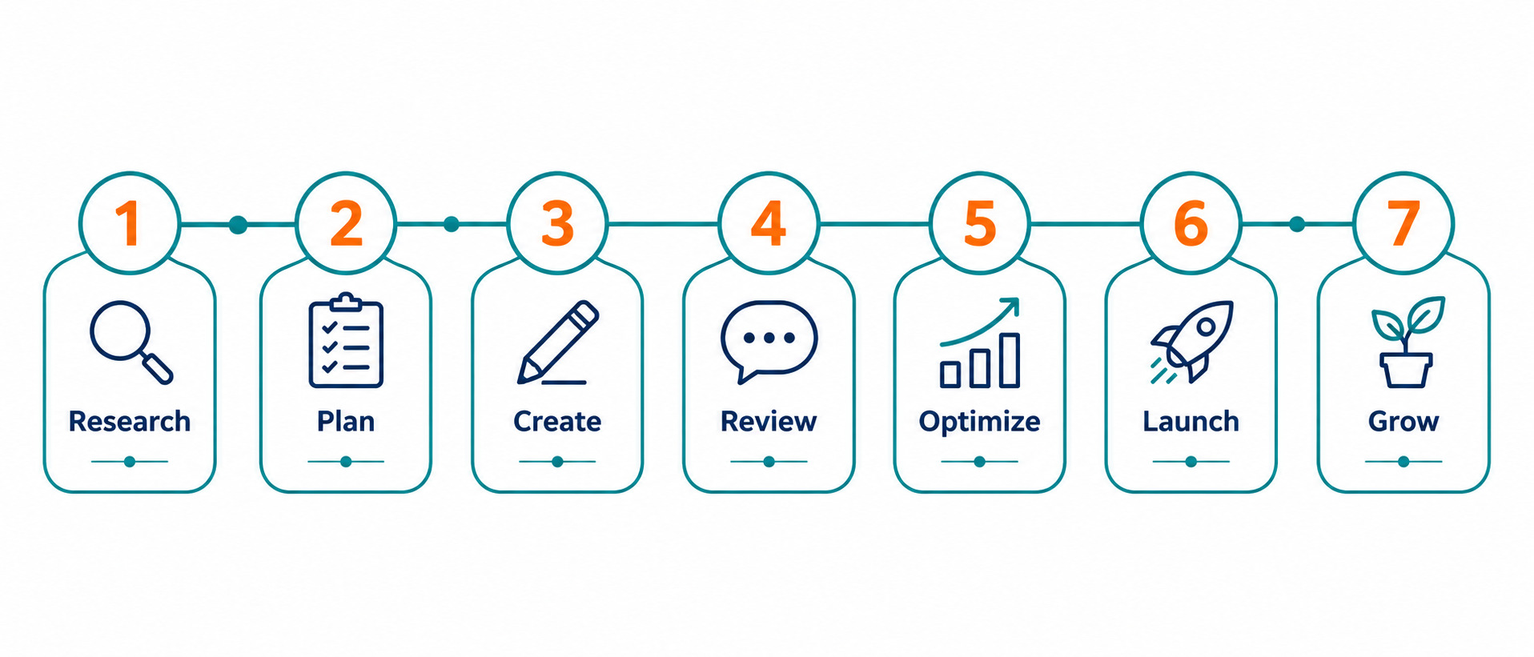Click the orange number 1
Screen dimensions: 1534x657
tap(129, 223)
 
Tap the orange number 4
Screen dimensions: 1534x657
tap(768, 223)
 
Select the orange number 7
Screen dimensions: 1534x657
tap(1403, 223)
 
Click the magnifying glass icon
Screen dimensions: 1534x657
tap(131, 343)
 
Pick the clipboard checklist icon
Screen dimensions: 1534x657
tap(346, 340)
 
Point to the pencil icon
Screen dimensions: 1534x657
tap(557, 343)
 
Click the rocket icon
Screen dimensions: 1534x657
tap(1191, 342)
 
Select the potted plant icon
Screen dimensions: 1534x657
tap(1407, 343)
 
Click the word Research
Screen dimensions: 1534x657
tap(130, 421)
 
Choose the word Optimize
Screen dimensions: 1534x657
tap(979, 422)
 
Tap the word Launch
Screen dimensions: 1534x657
tap(1191, 421)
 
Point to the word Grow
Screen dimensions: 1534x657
tap(1403, 421)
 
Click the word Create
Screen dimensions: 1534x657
tap(557, 421)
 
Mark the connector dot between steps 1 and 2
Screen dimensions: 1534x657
tap(238, 225)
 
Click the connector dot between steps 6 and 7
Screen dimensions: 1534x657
tap(1297, 224)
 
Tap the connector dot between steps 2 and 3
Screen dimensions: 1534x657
tap(452, 224)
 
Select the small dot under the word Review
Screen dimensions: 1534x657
tap(769, 462)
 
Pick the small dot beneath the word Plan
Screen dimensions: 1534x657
tap(346, 462)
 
